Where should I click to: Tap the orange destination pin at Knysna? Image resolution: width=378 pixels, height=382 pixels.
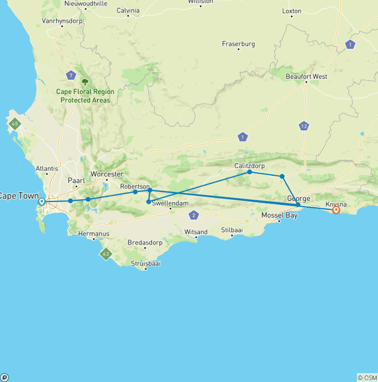click(336, 210)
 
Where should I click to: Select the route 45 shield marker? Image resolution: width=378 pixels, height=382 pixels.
click(15, 124)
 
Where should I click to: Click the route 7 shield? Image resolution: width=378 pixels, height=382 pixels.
click(71, 75)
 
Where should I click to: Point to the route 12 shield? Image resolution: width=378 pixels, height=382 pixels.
click(304, 126)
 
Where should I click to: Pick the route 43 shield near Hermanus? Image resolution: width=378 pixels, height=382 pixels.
click(105, 254)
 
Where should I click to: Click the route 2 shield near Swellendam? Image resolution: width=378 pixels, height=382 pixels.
click(194, 215)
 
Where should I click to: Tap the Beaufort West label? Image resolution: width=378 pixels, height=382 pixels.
click(306, 77)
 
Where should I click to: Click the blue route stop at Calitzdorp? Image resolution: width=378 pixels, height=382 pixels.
click(250, 172)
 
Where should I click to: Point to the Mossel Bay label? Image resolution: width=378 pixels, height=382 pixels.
click(280, 215)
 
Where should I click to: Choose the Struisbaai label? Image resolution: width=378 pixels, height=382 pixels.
click(145, 263)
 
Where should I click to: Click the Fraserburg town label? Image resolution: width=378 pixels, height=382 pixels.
click(238, 44)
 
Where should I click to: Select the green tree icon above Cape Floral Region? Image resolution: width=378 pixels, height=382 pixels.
click(85, 82)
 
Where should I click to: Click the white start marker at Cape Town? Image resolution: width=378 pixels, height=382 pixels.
click(42, 201)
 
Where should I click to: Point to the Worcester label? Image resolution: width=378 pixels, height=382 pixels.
click(107, 174)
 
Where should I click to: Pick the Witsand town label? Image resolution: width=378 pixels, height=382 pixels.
click(196, 232)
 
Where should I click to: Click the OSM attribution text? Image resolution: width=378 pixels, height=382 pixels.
click(367, 378)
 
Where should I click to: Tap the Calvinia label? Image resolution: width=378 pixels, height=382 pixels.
click(128, 10)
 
